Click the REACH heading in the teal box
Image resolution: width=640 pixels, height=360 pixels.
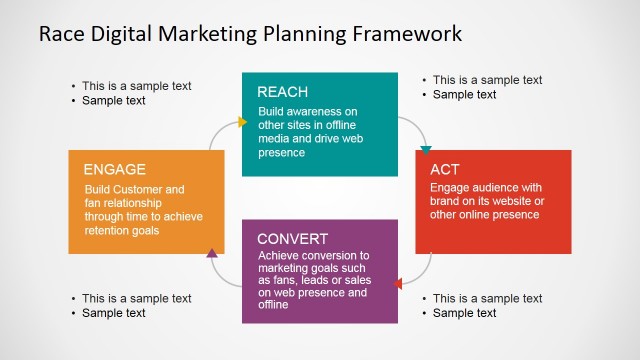[282, 92]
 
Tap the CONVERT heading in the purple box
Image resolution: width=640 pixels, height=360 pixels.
[293, 239]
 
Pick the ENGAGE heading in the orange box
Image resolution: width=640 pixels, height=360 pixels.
[115, 169]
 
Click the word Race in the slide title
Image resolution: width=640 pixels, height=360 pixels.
[61, 33]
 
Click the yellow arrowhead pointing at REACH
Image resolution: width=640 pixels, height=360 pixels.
[242, 122]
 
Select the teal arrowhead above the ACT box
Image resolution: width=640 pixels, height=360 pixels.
[426, 150]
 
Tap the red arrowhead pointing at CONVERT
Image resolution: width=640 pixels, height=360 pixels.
[399, 284]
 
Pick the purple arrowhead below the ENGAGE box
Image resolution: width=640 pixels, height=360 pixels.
[212, 254]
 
